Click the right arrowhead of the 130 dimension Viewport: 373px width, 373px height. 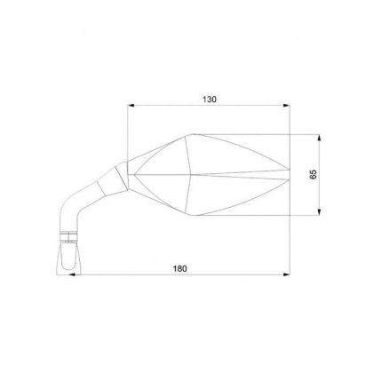coord(290,107)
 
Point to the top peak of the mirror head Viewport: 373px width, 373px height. coord(189,136)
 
